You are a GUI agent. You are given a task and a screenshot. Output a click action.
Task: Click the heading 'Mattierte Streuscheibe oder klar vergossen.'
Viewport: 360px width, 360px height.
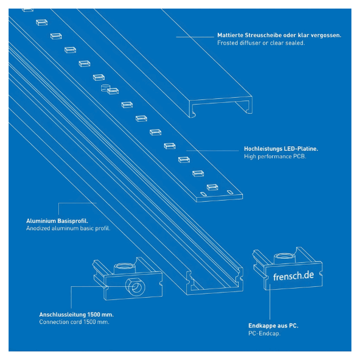pyautogui.click(x=279, y=35)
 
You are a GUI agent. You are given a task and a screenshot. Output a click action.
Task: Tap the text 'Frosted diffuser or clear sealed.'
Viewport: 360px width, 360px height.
pyautogui.click(x=261, y=43)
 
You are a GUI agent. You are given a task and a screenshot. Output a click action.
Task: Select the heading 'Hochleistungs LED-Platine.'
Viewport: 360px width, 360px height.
pyautogui.click(x=281, y=149)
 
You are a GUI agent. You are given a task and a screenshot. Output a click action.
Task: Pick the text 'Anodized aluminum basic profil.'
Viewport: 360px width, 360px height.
pyautogui.click(x=68, y=228)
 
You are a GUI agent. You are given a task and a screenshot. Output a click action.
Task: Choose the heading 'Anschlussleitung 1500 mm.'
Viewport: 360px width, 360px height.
pyautogui.click(x=76, y=314)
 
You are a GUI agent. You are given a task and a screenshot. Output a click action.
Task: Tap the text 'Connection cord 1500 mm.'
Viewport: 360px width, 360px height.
pyautogui.click(x=74, y=322)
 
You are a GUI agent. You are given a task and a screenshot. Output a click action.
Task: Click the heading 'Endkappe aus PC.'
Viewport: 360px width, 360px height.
pyautogui.click(x=273, y=326)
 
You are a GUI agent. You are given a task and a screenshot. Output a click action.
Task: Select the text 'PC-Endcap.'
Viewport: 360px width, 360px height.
pyautogui.click(x=264, y=333)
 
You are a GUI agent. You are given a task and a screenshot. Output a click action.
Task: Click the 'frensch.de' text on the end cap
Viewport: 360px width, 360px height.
pyautogui.click(x=293, y=275)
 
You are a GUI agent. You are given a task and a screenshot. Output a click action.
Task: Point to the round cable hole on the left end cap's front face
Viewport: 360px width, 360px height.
pyautogui.click(x=135, y=286)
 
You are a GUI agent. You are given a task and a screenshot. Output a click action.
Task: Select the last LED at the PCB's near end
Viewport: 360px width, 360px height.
pyautogui.click(x=212, y=187)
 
